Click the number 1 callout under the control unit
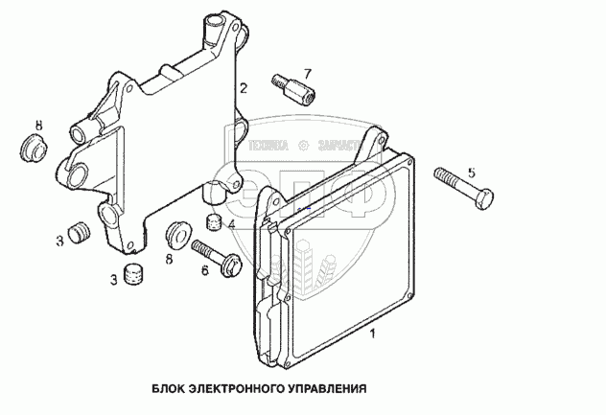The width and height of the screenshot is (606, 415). click(374, 334)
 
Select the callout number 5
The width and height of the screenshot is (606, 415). click(471, 173)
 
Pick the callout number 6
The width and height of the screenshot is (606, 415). click(203, 271)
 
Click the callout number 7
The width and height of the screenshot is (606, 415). click(307, 73)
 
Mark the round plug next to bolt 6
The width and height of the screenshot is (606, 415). click(176, 234)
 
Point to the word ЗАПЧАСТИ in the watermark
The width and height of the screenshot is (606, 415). click(338, 147)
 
